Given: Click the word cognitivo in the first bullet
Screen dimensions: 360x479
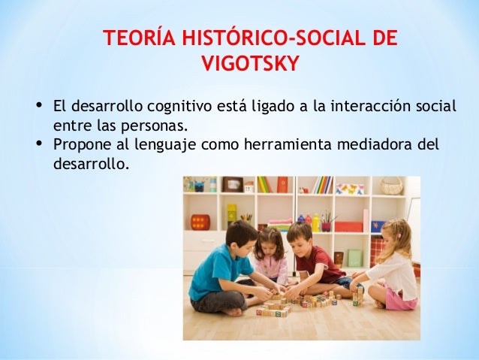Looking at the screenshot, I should [179, 106].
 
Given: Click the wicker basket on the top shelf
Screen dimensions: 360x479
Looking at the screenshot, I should [390, 186].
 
